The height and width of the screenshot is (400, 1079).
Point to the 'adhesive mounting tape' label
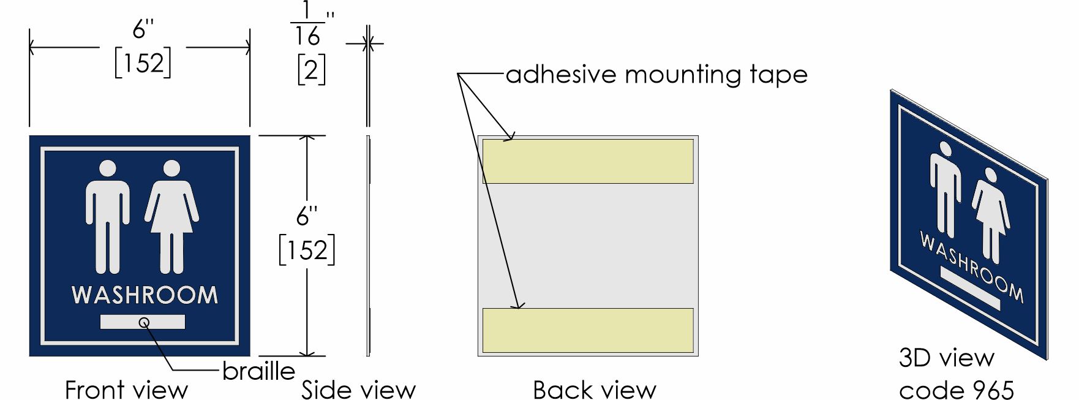pos(656,75)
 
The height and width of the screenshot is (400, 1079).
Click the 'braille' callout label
pos(258,371)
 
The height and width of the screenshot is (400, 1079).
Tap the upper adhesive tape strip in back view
pos(588,161)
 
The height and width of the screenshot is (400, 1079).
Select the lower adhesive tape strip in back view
pos(588,331)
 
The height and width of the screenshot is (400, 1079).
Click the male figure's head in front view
pos(108,168)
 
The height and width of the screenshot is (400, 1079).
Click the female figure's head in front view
pos(171,168)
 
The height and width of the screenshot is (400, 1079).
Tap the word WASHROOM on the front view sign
pos(145,295)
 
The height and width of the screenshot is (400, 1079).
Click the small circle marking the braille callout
pos(145,322)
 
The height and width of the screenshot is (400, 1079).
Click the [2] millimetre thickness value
pos(311,70)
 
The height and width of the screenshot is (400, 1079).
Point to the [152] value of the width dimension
pos(143,63)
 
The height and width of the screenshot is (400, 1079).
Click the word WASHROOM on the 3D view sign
pos(971,266)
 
